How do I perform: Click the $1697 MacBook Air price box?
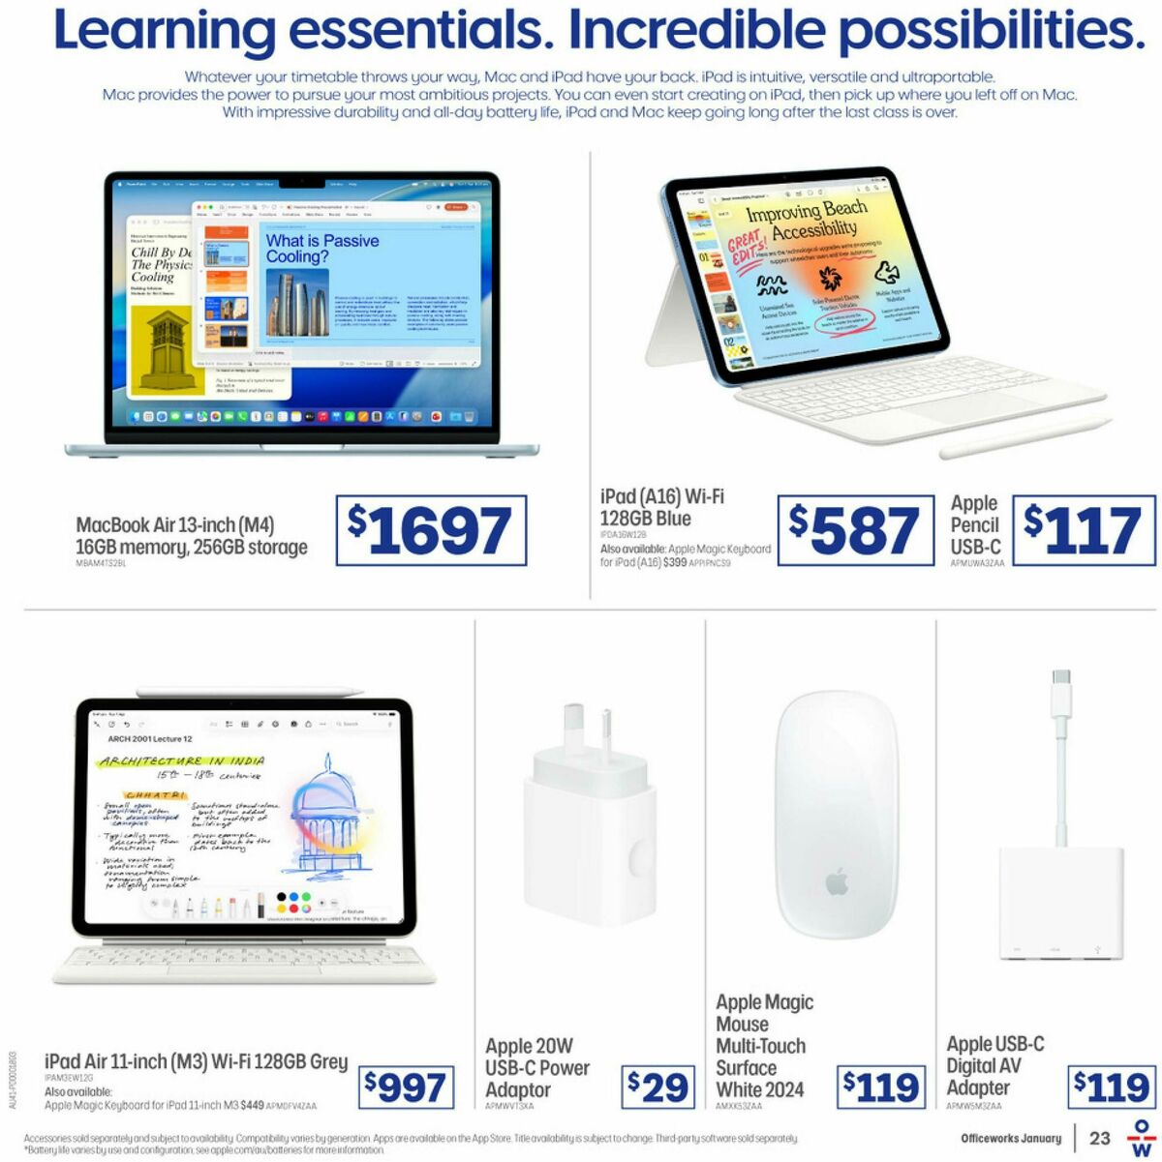pyautogui.click(x=431, y=531)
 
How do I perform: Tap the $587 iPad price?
pyautogui.click(x=848, y=531)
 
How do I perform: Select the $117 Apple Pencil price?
pyautogui.click(x=1084, y=531)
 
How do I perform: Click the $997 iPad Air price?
pyautogui.click(x=407, y=1088)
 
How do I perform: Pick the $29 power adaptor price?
pyautogui.click(x=657, y=1088)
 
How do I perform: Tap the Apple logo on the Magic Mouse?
pyautogui.click(x=837, y=881)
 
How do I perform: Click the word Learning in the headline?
pyautogui.click(x=165, y=31)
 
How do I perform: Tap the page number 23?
pyautogui.click(x=1099, y=1138)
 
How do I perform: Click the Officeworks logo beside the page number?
pyautogui.click(x=1144, y=1139)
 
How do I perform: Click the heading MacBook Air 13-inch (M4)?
pyautogui.click(x=175, y=525)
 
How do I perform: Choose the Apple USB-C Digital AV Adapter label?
pyautogui.click(x=995, y=1065)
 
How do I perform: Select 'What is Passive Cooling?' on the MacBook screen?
pyautogui.click(x=322, y=249)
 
